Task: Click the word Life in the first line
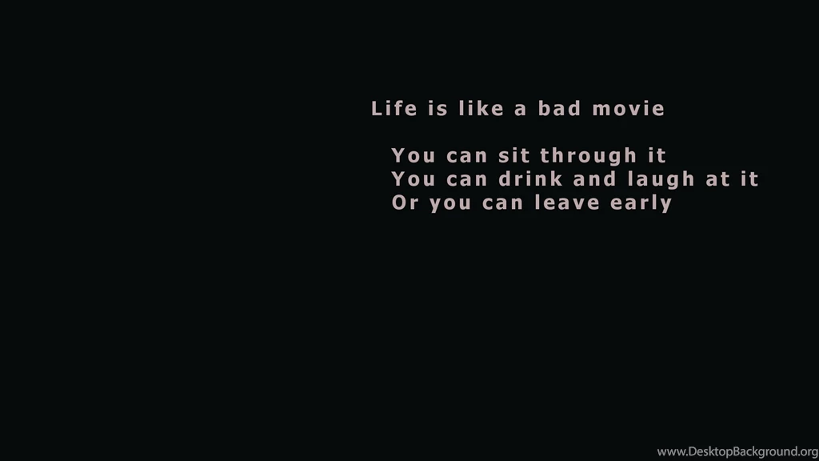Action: (x=394, y=109)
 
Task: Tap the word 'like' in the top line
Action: (x=481, y=109)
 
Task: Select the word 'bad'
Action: (x=558, y=109)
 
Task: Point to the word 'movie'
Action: (x=629, y=109)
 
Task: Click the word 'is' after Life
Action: (x=437, y=109)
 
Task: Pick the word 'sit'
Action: (x=513, y=155)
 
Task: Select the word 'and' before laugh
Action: (x=593, y=178)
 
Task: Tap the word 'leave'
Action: (x=567, y=202)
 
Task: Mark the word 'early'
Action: (x=641, y=203)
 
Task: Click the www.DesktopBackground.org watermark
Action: (x=737, y=451)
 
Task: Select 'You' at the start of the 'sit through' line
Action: (x=413, y=155)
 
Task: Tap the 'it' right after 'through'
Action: (x=657, y=155)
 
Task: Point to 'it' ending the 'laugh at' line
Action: (x=749, y=178)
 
